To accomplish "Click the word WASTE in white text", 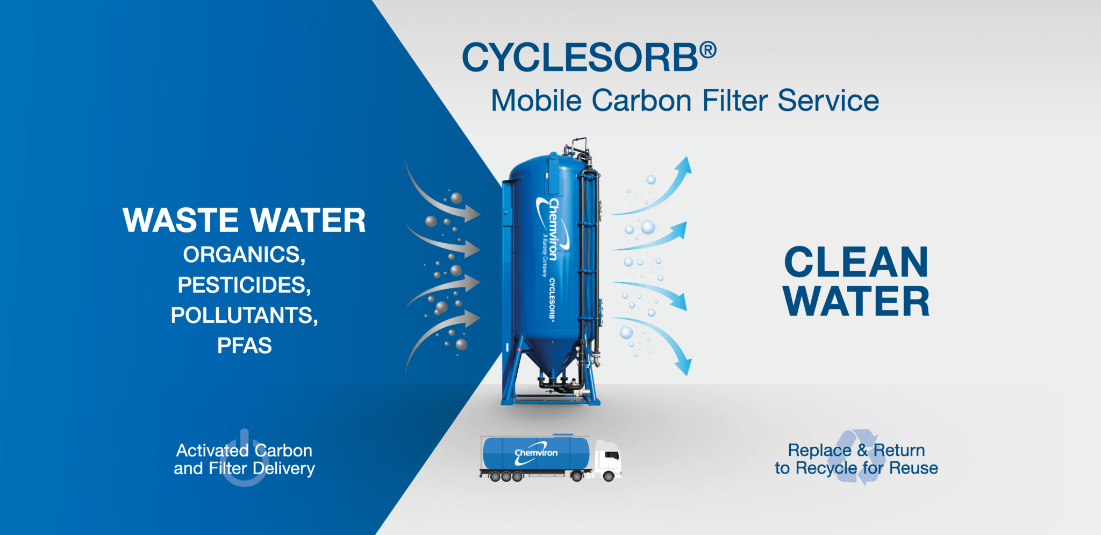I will [180, 221].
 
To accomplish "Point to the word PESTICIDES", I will [244, 285].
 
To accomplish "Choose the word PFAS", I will [244, 346].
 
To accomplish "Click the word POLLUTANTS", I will [244, 315].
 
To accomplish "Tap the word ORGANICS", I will [244, 255].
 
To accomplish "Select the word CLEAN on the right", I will [856, 263].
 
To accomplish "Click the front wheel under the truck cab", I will [608, 476].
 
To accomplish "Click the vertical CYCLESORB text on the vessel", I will [552, 299].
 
